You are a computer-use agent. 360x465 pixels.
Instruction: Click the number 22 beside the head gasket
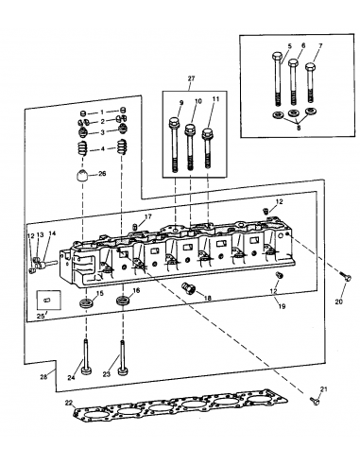pyautogui.click(x=68, y=403)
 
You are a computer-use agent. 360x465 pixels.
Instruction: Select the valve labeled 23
pyautogui.click(x=122, y=359)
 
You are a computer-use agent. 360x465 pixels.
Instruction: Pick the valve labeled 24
pyautogui.click(x=85, y=359)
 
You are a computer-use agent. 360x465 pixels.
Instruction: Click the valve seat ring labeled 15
pyautogui.click(x=87, y=303)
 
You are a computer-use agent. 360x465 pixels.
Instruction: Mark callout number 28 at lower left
pyautogui.click(x=43, y=376)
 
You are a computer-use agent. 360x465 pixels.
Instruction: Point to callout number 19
pyautogui.click(x=282, y=306)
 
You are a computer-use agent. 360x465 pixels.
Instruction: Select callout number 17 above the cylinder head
pyautogui.click(x=147, y=216)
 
